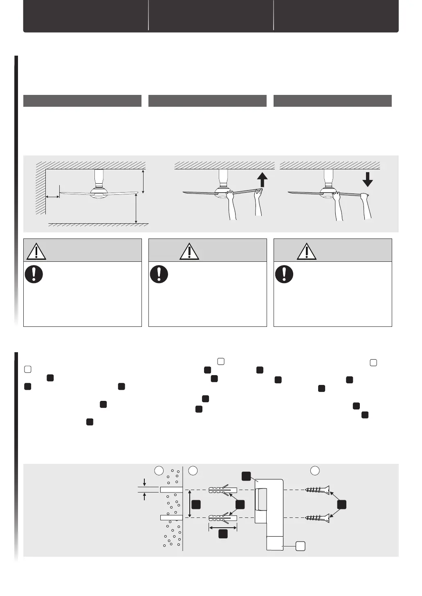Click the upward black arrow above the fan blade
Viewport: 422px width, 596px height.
263,179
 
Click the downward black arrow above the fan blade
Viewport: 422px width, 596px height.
368,179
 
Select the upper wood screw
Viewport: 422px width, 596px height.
317,490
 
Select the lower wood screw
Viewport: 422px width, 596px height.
317,518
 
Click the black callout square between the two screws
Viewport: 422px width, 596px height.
342,504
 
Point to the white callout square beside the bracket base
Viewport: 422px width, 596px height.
301,545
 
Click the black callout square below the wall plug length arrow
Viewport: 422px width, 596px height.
223,533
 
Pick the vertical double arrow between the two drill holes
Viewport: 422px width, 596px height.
189,504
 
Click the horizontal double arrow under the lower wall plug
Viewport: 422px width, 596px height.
223,528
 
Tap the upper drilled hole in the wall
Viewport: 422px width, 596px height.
171,490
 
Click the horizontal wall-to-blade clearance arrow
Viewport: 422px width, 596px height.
52,197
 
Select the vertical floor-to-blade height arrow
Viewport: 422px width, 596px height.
136,209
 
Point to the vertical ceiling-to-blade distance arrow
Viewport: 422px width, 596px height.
143,182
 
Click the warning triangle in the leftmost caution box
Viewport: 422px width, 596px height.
36,251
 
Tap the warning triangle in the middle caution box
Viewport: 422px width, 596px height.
189,251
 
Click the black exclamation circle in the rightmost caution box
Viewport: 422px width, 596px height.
284,274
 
